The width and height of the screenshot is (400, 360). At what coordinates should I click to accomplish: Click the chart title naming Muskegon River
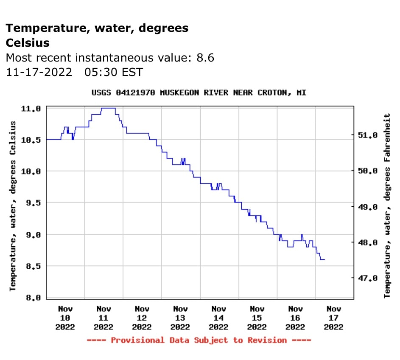click(x=199, y=93)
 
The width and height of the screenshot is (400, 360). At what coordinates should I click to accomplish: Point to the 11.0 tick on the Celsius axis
click(x=31, y=109)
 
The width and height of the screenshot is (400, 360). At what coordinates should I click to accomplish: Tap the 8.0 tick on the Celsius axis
click(x=31, y=298)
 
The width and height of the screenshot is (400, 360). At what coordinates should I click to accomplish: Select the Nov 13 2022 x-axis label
click(x=180, y=318)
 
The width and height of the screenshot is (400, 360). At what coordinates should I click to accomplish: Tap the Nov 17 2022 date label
click(x=333, y=318)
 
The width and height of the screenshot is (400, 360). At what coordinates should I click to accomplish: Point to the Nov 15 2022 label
click(x=257, y=318)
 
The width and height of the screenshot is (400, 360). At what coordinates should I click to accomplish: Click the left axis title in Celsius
click(x=13, y=206)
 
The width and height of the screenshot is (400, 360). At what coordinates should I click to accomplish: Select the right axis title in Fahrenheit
click(x=387, y=206)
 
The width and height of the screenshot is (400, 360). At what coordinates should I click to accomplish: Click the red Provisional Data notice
click(x=199, y=340)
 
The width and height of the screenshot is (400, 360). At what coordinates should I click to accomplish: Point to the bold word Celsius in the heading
click(x=28, y=43)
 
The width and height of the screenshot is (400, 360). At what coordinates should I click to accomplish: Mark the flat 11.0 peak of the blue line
click(x=108, y=108)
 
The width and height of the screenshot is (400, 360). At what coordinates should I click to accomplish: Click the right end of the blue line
click(x=324, y=259)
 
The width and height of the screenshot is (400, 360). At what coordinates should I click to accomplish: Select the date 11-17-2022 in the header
click(x=39, y=72)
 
